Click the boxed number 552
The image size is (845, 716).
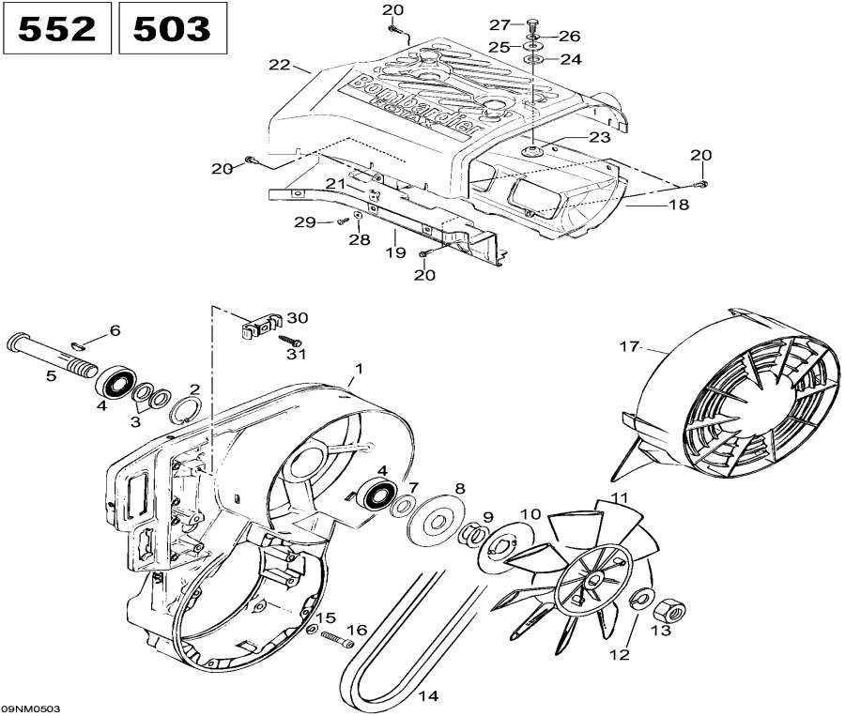click(57, 28)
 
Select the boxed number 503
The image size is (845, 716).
click(172, 28)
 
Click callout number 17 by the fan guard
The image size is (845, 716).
click(628, 347)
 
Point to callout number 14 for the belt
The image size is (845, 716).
click(427, 695)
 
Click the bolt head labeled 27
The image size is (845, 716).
click(533, 23)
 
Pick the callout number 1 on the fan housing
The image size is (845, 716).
click(357, 367)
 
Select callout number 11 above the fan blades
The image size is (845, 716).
click(619, 496)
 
